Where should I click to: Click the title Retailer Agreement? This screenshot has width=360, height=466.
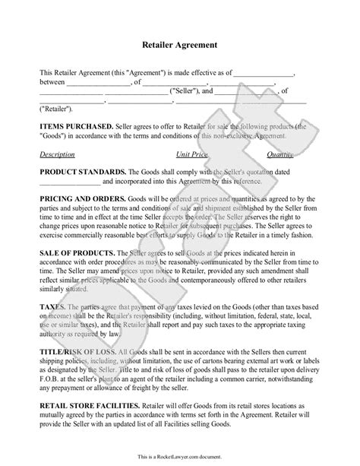(x=179, y=45)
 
